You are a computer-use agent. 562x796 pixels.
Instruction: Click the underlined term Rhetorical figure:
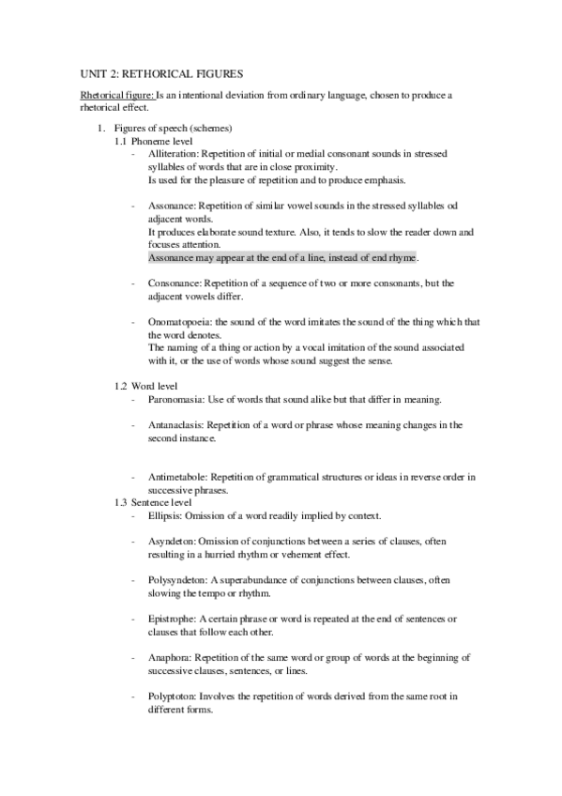[x=115, y=95]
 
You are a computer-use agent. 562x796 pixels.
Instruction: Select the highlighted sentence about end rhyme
[x=283, y=256]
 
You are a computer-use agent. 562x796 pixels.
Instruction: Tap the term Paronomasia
[x=175, y=399]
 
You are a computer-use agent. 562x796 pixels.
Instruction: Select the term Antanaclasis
[x=175, y=425]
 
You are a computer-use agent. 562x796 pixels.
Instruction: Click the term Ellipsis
[x=165, y=515]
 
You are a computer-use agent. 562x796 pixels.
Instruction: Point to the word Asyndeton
[x=172, y=542]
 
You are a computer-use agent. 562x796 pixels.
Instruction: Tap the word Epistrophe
[x=173, y=619]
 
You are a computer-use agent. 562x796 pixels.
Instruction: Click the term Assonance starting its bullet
[x=171, y=205]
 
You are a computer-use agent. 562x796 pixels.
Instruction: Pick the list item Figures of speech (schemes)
[x=173, y=127]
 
